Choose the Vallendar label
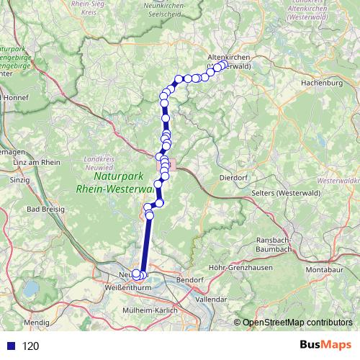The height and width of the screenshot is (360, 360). click(215, 298)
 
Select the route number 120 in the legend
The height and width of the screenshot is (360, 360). click(30, 346)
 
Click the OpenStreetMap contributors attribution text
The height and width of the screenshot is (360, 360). click(296, 323)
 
